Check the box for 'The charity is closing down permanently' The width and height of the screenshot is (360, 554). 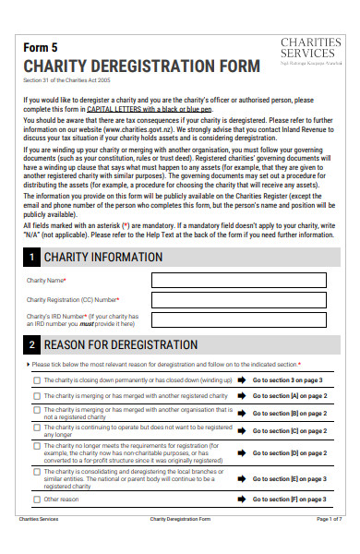pos(37,379)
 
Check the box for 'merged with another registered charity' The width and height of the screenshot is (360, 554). pos(37,395)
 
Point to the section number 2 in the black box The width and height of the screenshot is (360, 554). pos(32,345)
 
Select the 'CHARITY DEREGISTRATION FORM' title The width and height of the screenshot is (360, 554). pos(141,66)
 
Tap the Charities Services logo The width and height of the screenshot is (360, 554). pos(310,52)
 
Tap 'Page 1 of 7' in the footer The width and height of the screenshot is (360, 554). pos(329,546)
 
